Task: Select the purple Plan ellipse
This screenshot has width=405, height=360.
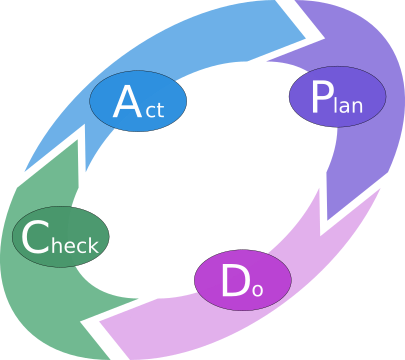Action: (x=337, y=97)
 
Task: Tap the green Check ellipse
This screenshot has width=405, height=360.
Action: (x=60, y=238)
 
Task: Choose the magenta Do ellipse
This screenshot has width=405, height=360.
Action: (x=242, y=280)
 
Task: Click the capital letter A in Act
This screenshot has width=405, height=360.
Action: (x=126, y=102)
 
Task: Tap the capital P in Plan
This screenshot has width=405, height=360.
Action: (x=320, y=97)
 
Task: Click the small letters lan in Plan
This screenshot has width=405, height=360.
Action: (x=347, y=103)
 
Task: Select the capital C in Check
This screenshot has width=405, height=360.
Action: (x=34, y=238)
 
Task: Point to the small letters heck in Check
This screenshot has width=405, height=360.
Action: (x=73, y=243)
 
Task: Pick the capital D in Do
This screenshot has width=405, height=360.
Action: (x=234, y=281)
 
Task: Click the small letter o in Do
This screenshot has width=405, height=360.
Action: (x=257, y=289)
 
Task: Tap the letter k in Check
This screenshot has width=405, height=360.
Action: (x=92, y=243)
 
